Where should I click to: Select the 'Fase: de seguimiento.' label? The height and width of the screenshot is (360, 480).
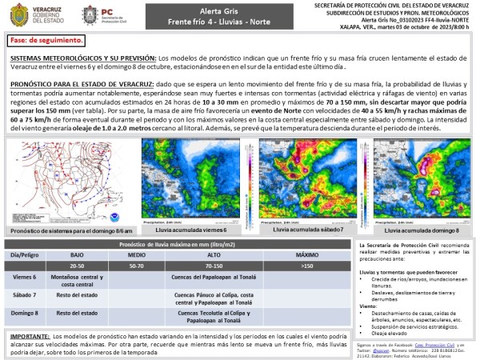pos(46,39)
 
